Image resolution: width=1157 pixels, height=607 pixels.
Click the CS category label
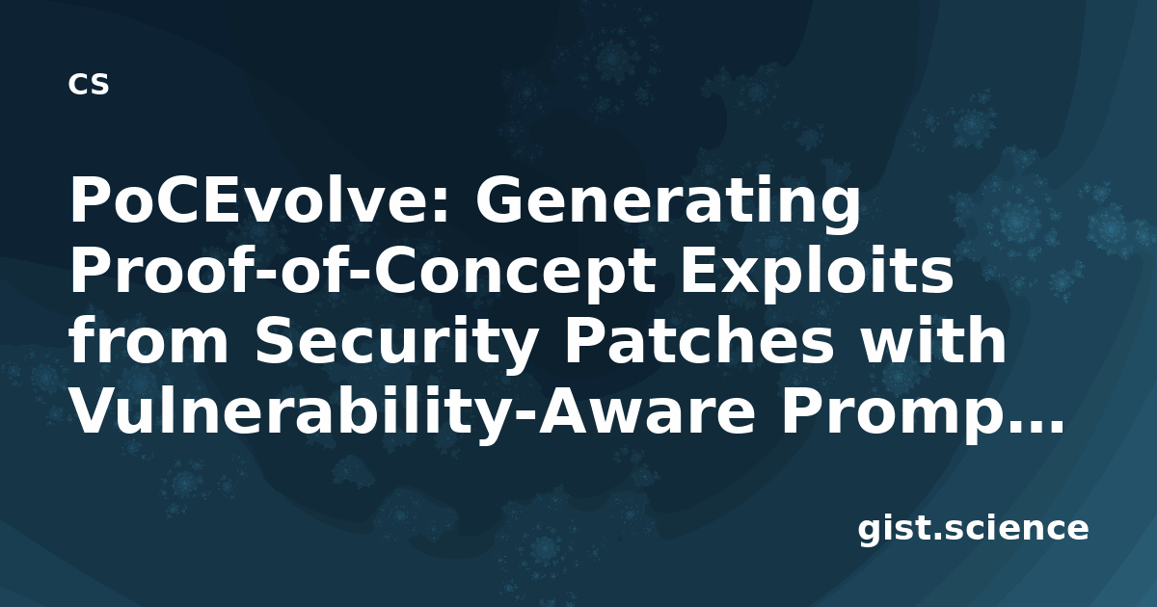pos(89,84)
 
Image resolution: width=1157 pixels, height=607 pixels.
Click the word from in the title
pos(149,340)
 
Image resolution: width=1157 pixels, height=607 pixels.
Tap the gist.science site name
pos(973,530)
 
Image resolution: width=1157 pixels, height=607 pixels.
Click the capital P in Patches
pos(583,340)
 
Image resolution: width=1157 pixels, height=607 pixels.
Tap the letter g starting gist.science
pos(872,533)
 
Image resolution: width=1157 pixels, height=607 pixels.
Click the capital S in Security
pos(276,340)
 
